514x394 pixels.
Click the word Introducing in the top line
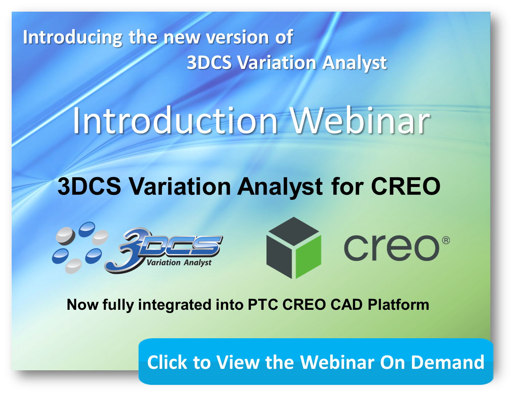click(x=73, y=38)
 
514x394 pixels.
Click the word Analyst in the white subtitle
click(x=354, y=63)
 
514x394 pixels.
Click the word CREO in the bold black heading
click(x=405, y=186)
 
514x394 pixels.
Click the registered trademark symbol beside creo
click(x=446, y=241)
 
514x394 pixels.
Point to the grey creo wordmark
click(x=392, y=248)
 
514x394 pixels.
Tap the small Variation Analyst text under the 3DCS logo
click(x=179, y=262)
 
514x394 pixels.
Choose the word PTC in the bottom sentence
click(x=263, y=305)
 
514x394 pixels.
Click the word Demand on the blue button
click(x=448, y=362)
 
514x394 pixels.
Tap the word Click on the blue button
click(x=168, y=362)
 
